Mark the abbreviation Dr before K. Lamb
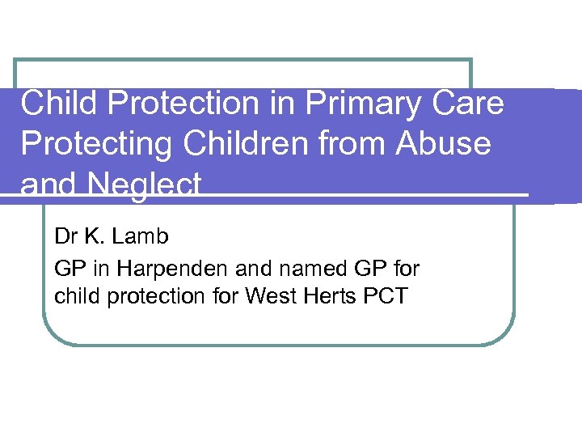65,237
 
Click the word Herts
322,296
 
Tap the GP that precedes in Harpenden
68,267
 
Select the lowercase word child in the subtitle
74,296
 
